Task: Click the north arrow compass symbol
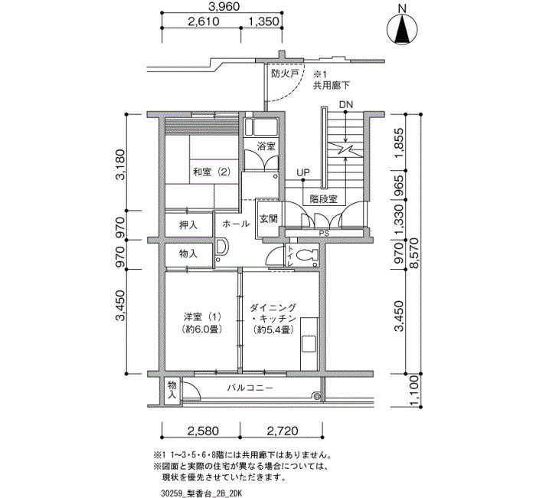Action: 402,30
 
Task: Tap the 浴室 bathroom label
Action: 266,146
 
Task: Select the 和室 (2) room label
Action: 211,172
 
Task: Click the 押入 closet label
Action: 188,225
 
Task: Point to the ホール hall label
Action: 236,224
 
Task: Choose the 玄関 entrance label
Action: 268,219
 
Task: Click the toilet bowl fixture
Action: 307,255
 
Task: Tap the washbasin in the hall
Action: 221,247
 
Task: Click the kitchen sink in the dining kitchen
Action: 309,344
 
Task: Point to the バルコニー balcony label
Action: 250,388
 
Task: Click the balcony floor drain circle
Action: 317,396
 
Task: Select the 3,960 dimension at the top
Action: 224,6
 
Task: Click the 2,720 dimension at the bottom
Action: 283,431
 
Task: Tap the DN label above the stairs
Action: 346,105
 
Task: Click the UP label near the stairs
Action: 303,172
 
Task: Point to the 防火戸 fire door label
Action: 285,74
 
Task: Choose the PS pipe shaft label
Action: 324,234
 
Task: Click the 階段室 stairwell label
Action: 323,199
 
